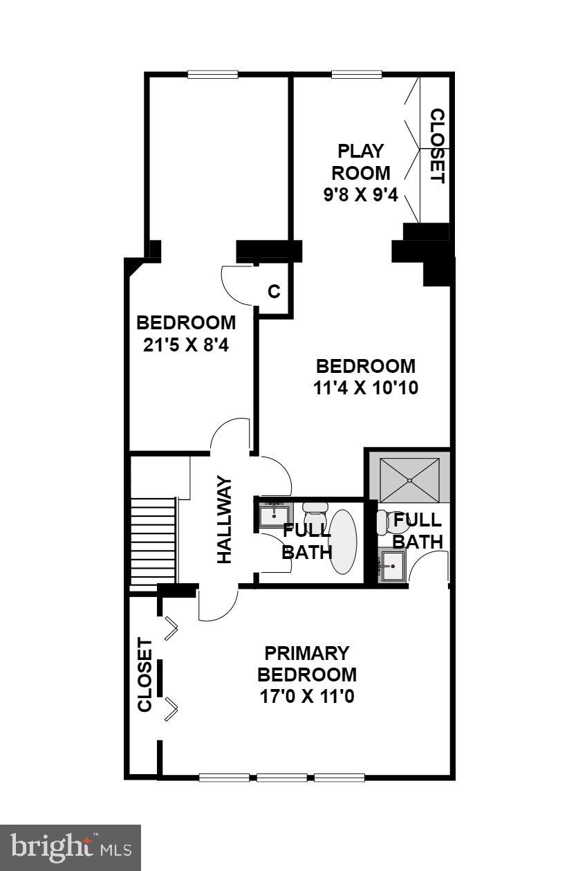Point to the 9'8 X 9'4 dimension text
click(360, 195)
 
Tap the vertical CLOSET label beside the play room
click(436, 146)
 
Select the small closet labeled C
click(274, 292)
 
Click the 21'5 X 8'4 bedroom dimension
click(185, 345)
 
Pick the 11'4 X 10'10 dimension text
click(366, 387)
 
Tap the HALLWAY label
click(225, 520)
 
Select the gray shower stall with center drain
click(409, 479)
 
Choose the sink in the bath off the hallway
click(274, 515)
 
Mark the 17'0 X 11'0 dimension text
click(307, 696)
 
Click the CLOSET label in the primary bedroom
click(145, 675)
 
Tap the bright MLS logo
click(70, 847)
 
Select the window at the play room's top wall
click(357, 75)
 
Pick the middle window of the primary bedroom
click(282, 778)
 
